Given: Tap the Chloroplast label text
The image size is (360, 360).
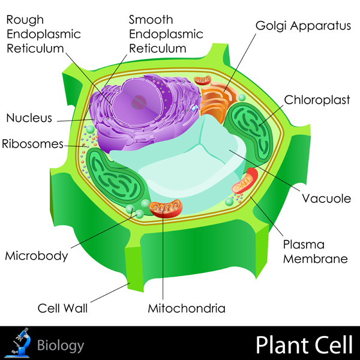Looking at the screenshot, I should coord(317,100).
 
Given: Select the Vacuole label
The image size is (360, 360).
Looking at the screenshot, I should coord(326,198).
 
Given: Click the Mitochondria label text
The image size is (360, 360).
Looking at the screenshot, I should coord(187,309).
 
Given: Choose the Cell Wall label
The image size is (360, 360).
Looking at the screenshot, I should coord(62,309).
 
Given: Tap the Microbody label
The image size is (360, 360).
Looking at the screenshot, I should coord(36,256).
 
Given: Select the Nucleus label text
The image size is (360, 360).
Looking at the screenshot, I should coord(29,118).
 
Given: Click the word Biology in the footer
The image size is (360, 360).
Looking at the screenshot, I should coord(61,345).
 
